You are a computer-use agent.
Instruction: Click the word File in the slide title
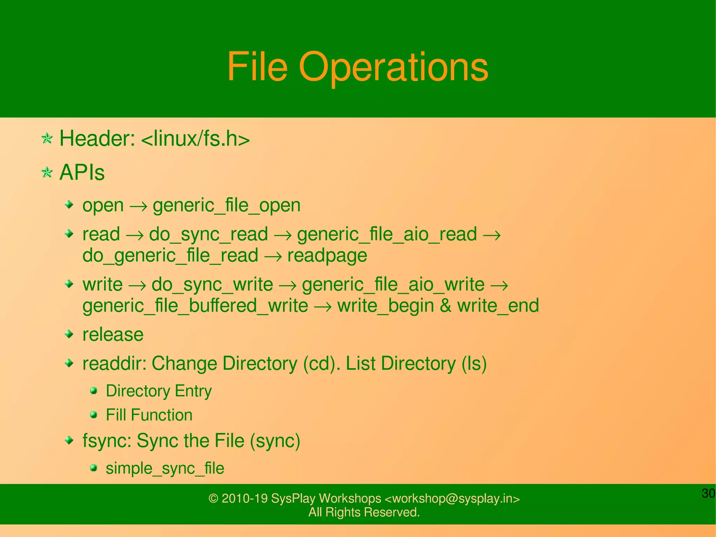(x=257, y=66)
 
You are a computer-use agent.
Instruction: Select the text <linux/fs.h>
(x=195, y=139)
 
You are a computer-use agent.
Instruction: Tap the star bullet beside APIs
(x=47, y=172)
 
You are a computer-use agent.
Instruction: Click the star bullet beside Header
(x=47, y=139)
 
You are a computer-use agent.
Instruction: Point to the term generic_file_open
(x=227, y=205)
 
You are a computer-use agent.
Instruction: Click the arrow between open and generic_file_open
(x=138, y=206)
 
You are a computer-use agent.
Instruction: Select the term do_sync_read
(x=208, y=234)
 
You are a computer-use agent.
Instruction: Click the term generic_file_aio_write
(x=393, y=284)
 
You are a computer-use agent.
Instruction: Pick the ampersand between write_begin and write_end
(x=445, y=305)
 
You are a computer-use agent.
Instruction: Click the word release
(x=113, y=335)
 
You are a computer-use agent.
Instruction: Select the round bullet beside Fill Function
(x=93, y=415)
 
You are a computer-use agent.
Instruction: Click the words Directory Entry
(x=159, y=391)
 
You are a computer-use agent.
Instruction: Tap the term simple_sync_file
(x=165, y=468)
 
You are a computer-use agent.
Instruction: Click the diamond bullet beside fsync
(x=70, y=440)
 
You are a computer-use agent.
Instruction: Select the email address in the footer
(x=452, y=499)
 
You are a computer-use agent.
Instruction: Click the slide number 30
(x=708, y=493)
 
